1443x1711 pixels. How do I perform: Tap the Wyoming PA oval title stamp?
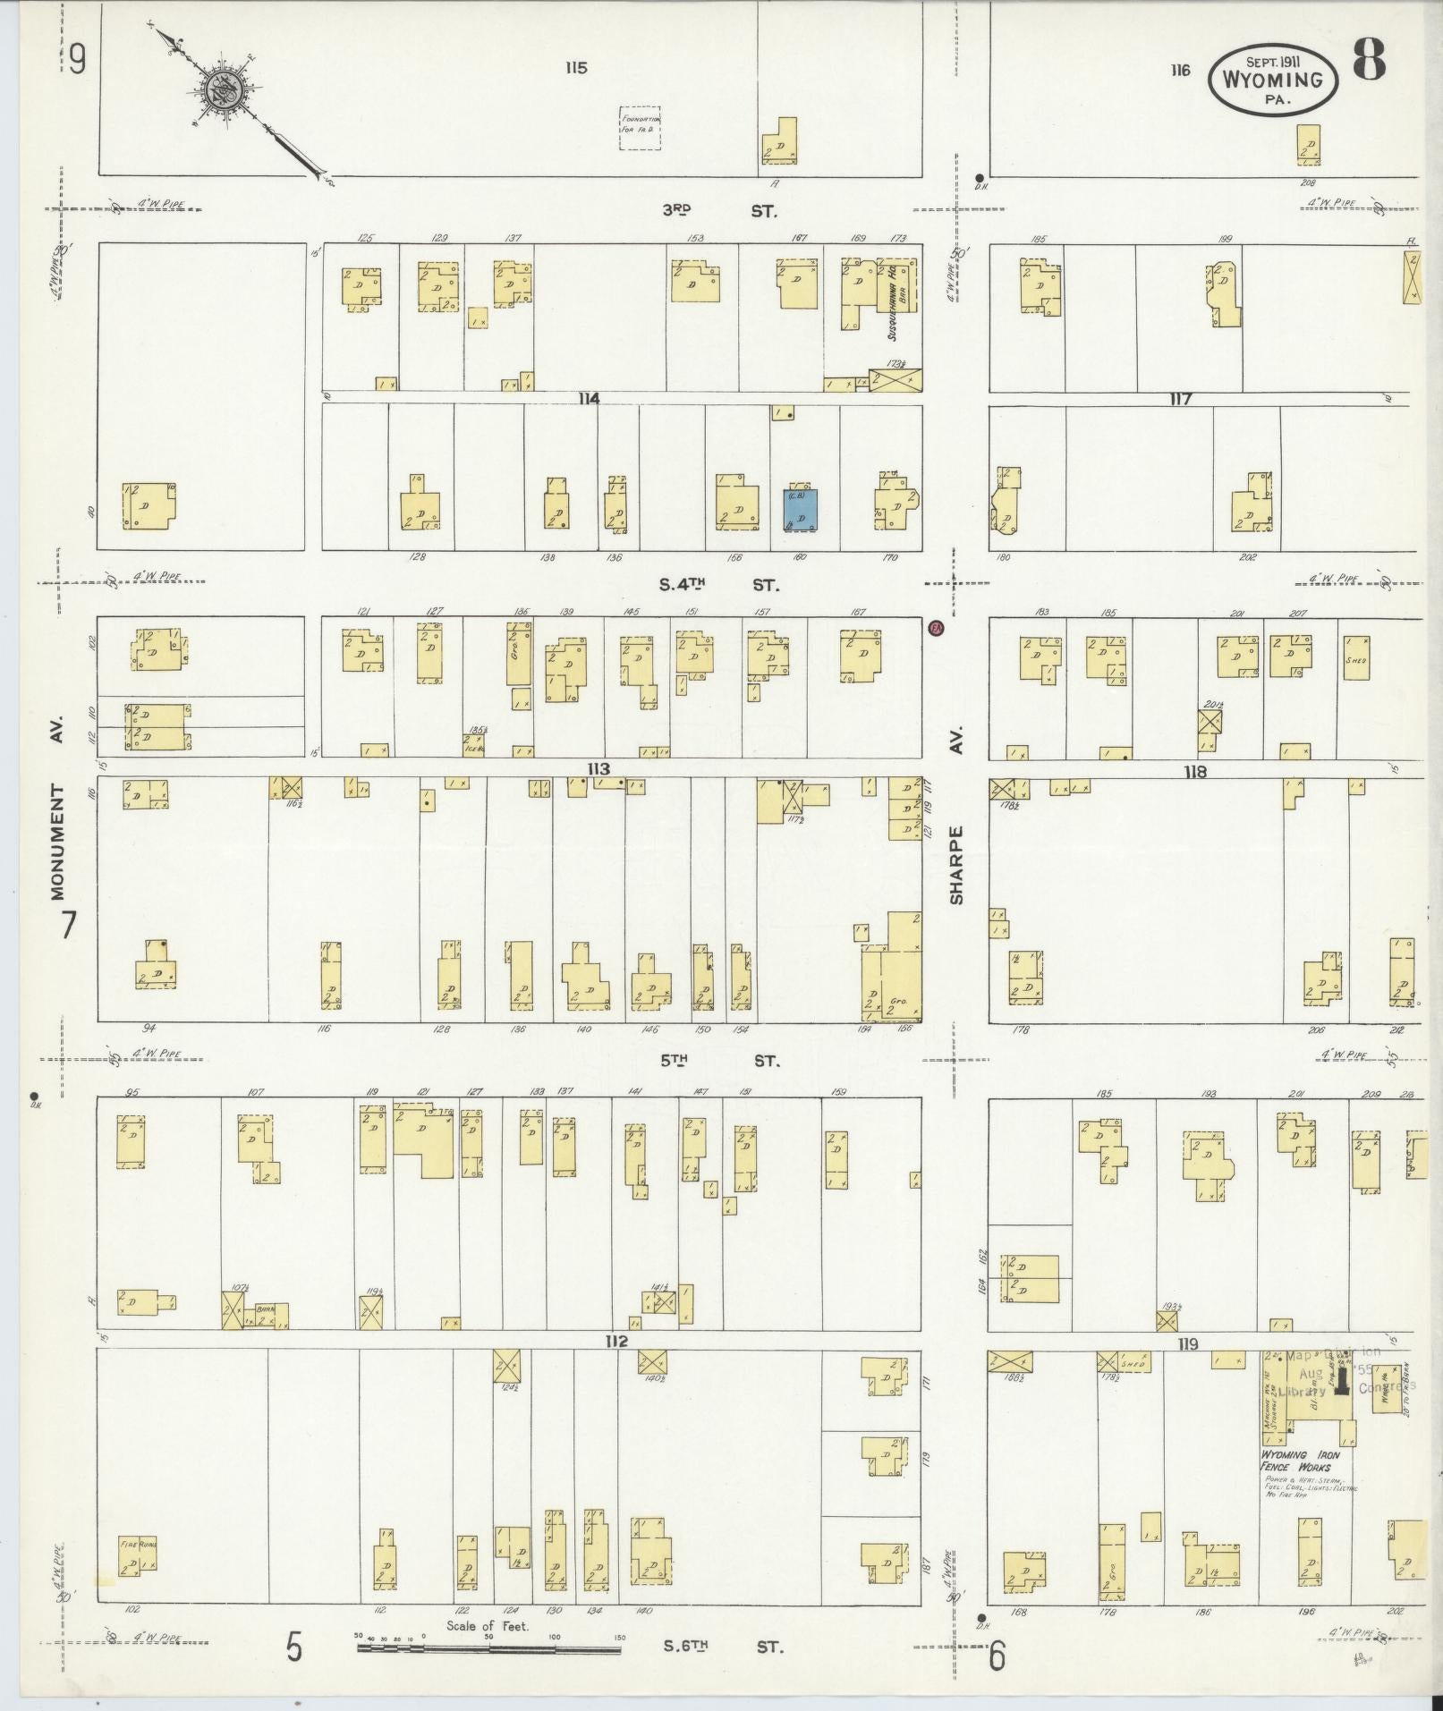tap(1272, 79)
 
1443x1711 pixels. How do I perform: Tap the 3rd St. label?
tap(719, 211)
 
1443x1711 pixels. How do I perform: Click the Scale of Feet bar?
tap(490, 1646)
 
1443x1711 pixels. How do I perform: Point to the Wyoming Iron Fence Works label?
tap(1296, 1461)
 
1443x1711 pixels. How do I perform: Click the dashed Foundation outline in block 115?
tap(641, 128)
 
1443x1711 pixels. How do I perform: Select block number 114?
tap(588, 399)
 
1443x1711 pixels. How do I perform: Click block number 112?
tap(615, 1341)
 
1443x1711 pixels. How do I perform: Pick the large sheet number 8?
tap(1369, 61)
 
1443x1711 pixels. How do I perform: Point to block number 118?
tap(1194, 772)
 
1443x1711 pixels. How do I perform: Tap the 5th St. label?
tap(719, 1061)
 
